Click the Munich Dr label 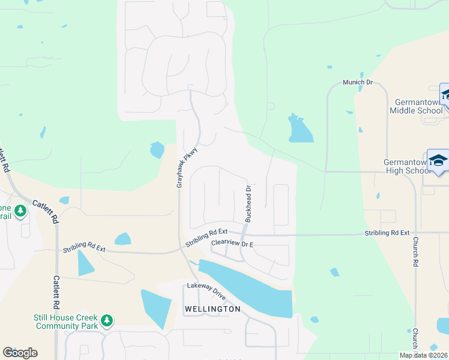click(x=358, y=82)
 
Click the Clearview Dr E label click(x=233, y=244)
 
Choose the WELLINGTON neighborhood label click(x=212, y=309)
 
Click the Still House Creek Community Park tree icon click(x=107, y=320)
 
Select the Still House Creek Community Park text click(x=65, y=322)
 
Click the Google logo click(x=20, y=353)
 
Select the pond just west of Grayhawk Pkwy click(x=157, y=149)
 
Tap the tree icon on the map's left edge click(x=20, y=211)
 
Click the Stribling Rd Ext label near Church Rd click(x=387, y=232)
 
